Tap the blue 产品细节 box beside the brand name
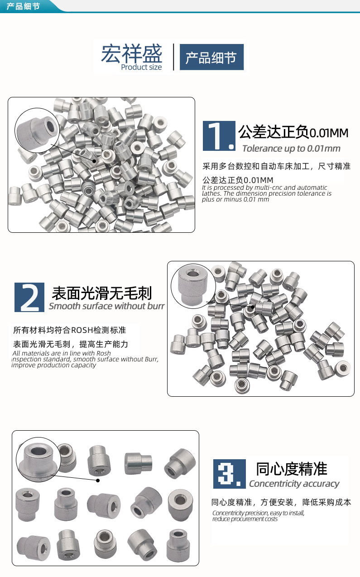(x=211, y=57)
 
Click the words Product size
(x=141, y=67)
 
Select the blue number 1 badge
(x=219, y=135)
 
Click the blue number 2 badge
(x=29, y=297)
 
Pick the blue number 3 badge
(x=229, y=474)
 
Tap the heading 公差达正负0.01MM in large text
(x=293, y=133)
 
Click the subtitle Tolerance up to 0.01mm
(x=291, y=149)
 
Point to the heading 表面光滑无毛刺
(x=102, y=293)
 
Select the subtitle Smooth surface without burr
(x=106, y=306)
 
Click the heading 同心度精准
(x=291, y=469)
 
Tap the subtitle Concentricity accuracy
(x=294, y=484)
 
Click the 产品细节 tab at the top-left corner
(x=23, y=6)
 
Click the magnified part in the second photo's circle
(x=192, y=284)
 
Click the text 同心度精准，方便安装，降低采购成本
(x=281, y=502)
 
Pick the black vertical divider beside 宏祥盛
(x=174, y=57)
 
